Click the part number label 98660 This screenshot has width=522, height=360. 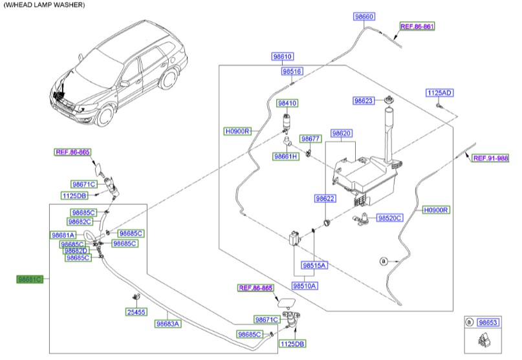pos(364,16)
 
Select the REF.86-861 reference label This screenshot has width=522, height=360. pos(417,27)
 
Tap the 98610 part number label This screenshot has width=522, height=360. pos(283,57)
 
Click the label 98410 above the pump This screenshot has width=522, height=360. pos(287,103)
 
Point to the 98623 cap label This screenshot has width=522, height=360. pos(364,101)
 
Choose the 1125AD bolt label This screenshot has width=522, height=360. pos(439,93)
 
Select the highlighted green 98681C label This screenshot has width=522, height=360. pos(30,279)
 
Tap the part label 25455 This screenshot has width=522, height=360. pos(136,312)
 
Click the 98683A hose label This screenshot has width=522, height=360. pos(168,323)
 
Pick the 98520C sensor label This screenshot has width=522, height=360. pos(390,218)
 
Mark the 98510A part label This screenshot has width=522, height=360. pos(304,285)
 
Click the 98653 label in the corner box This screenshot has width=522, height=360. pos(488,322)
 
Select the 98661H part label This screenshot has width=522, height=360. pos(285,156)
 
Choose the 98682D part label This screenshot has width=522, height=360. pos(75,251)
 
